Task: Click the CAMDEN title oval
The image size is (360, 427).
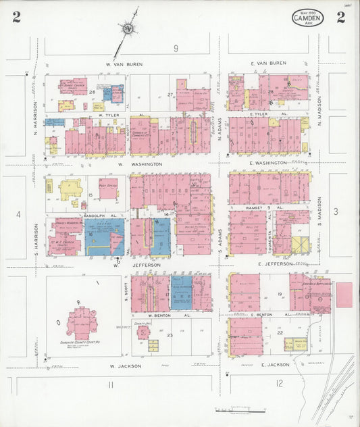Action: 308,18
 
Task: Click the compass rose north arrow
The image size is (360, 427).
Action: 128,29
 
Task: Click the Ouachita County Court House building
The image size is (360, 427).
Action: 82,323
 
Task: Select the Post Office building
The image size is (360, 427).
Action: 108,188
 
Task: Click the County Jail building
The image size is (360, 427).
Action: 143,331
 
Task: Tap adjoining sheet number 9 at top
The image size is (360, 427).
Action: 175,48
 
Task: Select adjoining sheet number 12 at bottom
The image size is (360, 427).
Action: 279,384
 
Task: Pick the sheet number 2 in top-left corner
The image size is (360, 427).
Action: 15,18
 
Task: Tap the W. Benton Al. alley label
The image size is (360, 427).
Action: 151,315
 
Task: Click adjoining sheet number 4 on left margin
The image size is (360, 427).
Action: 19,214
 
